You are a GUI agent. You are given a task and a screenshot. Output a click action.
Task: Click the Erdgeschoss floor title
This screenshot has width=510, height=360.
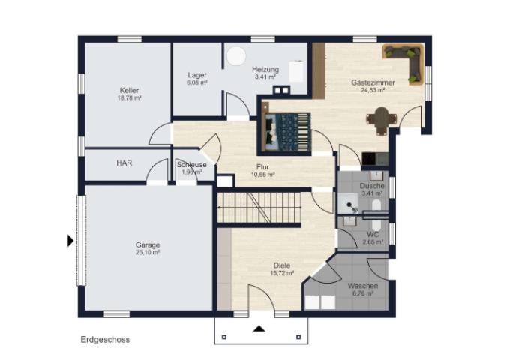[x=105, y=340]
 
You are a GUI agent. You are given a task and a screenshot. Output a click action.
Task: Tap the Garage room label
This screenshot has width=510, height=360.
[x=148, y=245]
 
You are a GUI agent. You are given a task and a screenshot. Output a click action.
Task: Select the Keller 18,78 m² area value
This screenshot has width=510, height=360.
[x=130, y=98]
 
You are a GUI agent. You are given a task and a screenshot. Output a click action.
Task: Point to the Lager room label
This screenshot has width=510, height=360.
[x=197, y=75]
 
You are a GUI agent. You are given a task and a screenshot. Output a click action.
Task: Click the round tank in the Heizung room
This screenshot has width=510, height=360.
[x=236, y=56]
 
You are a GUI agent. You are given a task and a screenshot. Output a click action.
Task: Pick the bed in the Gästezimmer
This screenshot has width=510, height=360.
[x=286, y=132]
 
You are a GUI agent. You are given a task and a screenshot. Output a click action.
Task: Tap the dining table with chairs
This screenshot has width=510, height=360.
[x=382, y=120]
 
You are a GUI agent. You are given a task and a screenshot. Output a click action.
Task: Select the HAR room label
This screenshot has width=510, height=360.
[x=124, y=163]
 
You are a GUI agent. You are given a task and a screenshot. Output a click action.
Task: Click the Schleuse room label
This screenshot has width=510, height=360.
[x=191, y=165]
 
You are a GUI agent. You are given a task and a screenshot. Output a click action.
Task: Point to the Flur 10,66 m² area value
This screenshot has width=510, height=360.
[x=262, y=175]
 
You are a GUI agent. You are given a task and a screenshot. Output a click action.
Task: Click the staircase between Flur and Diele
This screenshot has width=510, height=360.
[x=259, y=208]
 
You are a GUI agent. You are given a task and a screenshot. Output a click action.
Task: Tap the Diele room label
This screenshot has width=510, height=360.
[x=282, y=265]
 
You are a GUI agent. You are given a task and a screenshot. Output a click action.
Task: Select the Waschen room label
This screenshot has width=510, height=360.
[x=363, y=286]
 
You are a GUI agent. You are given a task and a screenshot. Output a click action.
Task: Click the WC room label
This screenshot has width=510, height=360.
[x=373, y=235]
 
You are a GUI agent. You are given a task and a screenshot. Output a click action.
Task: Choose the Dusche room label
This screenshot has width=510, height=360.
[x=372, y=186]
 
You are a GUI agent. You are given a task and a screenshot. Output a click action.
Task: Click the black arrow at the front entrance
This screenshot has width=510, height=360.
[x=259, y=328]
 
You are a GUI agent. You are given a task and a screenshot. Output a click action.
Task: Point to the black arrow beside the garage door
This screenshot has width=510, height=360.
[x=70, y=241]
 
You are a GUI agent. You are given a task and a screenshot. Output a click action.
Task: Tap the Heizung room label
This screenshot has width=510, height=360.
[x=265, y=69]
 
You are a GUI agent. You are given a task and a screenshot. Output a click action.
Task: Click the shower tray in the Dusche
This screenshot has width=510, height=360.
[x=348, y=204]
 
